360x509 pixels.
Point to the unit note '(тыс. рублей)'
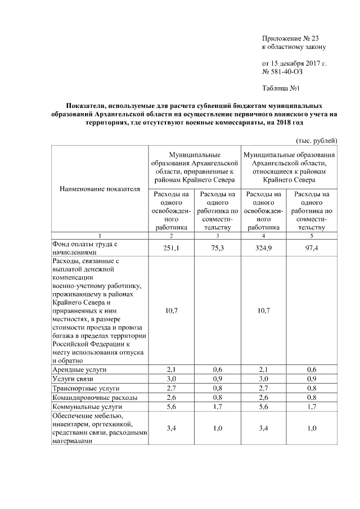point(316,139)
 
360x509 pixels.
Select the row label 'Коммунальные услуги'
point(87,406)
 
